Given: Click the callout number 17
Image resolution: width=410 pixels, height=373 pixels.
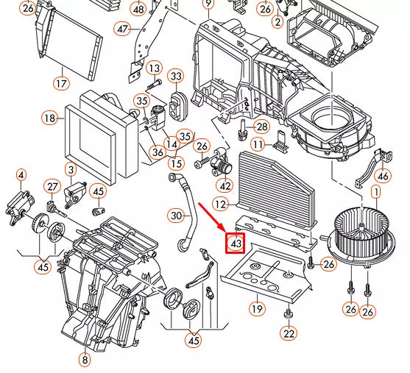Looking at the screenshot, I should click(60, 82).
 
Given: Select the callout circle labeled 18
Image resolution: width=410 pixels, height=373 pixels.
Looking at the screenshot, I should click(49, 118).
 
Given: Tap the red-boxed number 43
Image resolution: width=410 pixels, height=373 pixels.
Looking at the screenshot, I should click(236, 242).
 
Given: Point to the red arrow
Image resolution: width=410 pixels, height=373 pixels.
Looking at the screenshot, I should click(213, 218).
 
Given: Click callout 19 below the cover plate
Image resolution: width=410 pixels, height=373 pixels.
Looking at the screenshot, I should click(257, 308).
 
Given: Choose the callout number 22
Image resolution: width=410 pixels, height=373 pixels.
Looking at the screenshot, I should click(289, 334).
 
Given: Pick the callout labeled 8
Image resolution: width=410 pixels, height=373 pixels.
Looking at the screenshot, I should click(85, 360).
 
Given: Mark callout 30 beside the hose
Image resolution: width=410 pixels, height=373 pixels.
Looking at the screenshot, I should click(175, 216).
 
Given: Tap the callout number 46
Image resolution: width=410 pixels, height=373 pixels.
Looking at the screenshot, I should click(382, 176).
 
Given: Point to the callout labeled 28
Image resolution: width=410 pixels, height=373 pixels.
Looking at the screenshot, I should click(261, 127).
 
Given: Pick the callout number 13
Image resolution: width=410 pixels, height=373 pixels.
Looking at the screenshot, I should click(154, 68).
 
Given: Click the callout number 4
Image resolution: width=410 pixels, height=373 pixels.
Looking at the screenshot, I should click(21, 175).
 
